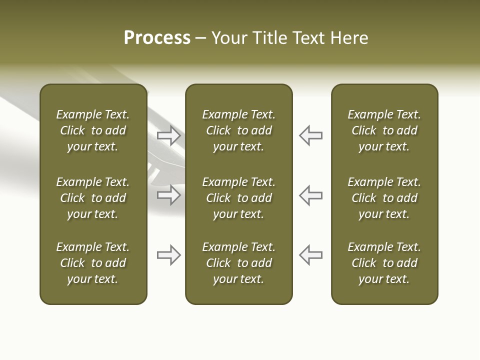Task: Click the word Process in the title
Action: pyautogui.click(x=157, y=38)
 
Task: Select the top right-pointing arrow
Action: pyautogui.click(x=168, y=135)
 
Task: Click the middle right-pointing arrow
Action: pyautogui.click(x=168, y=195)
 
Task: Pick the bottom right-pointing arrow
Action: pyautogui.click(x=168, y=255)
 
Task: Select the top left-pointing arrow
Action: pyautogui.click(x=311, y=135)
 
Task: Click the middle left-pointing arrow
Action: pyautogui.click(x=311, y=195)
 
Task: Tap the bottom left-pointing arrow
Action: pyautogui.click(x=311, y=255)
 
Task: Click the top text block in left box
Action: pyautogui.click(x=93, y=130)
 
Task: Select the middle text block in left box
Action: pyautogui.click(x=93, y=198)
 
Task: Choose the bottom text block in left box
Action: pyautogui.click(x=93, y=263)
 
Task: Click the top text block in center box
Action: pyautogui.click(x=238, y=130)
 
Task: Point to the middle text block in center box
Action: pyautogui.click(x=238, y=198)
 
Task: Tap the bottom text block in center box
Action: pyautogui.click(x=238, y=263)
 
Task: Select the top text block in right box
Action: pyautogui.click(x=384, y=130)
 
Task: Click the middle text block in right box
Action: pyautogui.click(x=384, y=198)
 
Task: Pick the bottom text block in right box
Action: pyautogui.click(x=384, y=263)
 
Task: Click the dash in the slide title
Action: pyautogui.click(x=201, y=38)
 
